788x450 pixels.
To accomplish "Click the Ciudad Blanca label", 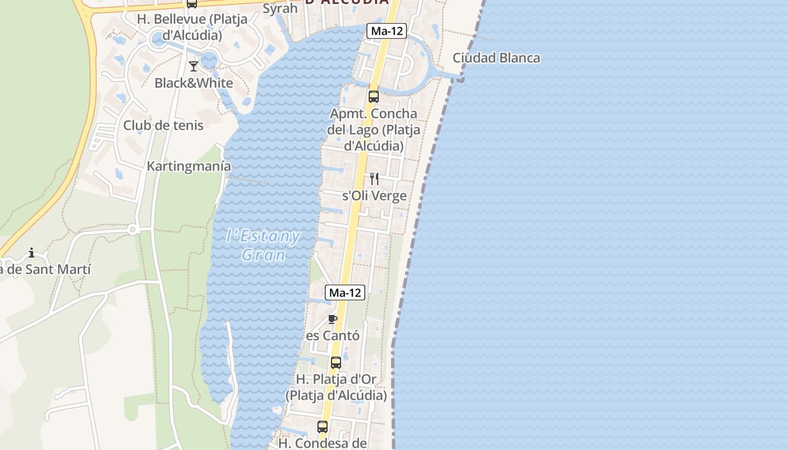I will (x=496, y=58).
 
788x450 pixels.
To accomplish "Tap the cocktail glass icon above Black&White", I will (x=194, y=66).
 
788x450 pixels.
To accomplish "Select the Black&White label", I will (x=194, y=83).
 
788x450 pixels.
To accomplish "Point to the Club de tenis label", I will (x=163, y=125).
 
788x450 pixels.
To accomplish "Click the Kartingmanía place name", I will (x=189, y=166).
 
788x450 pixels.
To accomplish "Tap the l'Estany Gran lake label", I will (x=263, y=245).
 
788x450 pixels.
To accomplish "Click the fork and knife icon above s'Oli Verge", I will (x=374, y=179).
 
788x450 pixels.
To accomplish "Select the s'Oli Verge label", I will (x=374, y=196).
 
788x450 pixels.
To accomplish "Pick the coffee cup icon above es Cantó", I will (x=333, y=319).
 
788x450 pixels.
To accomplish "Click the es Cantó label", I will (x=332, y=336).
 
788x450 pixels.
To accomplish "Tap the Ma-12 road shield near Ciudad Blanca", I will (x=387, y=31).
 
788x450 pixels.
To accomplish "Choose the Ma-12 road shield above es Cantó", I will (x=345, y=292).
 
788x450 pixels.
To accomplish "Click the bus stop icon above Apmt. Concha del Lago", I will (x=373, y=96).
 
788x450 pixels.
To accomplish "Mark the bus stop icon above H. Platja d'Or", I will (x=336, y=363).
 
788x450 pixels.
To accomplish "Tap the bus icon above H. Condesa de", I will (x=323, y=427).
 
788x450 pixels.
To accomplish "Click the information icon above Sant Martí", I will (x=32, y=253).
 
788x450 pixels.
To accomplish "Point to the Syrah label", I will (x=280, y=8).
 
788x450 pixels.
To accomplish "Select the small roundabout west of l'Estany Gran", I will (x=133, y=229).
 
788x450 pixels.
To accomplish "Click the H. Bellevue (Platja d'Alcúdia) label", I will (x=192, y=27).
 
